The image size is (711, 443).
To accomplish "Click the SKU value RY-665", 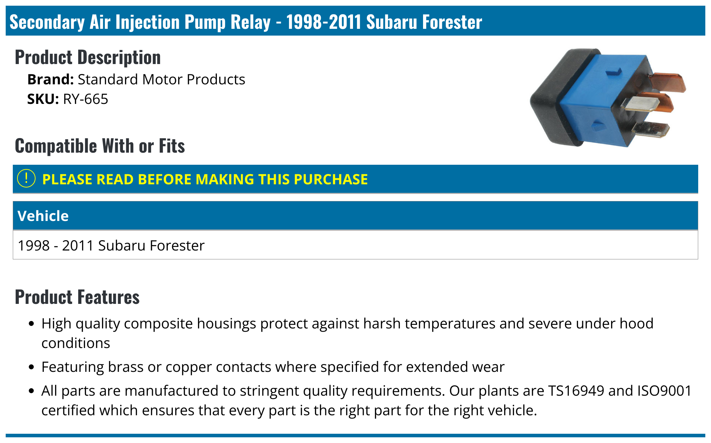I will coord(85,99).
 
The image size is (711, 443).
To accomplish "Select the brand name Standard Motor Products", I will coord(161,80).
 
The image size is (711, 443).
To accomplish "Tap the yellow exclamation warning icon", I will coord(26,179).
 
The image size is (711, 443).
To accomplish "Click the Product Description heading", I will coord(87,57).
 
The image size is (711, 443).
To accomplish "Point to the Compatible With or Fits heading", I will coord(100,146).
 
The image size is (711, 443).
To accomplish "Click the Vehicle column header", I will coord(43,216).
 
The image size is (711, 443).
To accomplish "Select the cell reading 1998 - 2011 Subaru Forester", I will coord(111,246).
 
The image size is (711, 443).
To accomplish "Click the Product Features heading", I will coord(77,297).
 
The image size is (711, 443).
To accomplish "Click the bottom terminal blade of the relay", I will coord(652,129).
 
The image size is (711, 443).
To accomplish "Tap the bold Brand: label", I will coord(50,80).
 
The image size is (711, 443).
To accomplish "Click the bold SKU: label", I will coord(43,99).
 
